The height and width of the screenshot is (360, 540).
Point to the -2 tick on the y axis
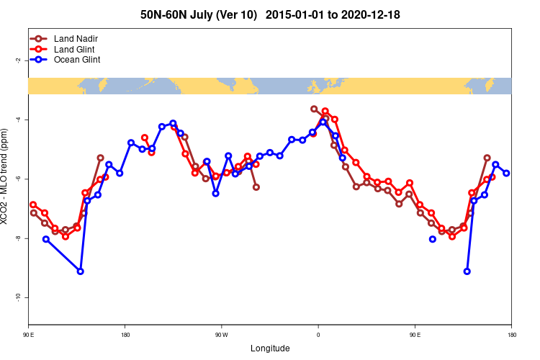pos(17,60)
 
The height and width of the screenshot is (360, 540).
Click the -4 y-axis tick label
pos(17,120)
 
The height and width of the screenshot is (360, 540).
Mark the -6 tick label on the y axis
pos(17,179)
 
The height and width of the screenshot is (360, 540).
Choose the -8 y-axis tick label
pos(17,238)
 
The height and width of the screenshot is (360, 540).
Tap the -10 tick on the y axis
pos(17,297)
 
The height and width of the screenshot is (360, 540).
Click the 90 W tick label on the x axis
pos(221,334)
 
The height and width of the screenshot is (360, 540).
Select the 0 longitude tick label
pos(318,334)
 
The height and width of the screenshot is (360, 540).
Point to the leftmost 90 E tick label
pos(29,334)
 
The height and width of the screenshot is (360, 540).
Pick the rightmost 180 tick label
pos(511,334)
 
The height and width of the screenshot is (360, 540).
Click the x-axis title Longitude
pos(270,348)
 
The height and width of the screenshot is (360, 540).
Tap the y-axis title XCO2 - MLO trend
pos(6,177)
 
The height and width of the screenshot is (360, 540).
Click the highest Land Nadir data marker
pos(314,109)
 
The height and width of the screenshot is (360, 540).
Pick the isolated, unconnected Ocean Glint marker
pos(432,239)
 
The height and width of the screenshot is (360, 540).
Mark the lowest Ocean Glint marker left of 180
pos(80,271)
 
